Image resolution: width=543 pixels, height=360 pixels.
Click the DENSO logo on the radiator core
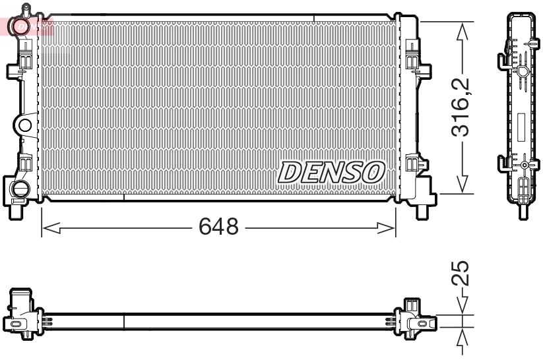[331, 173]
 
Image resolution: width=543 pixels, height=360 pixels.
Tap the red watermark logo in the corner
[26, 26]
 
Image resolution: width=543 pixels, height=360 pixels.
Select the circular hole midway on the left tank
[24, 125]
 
